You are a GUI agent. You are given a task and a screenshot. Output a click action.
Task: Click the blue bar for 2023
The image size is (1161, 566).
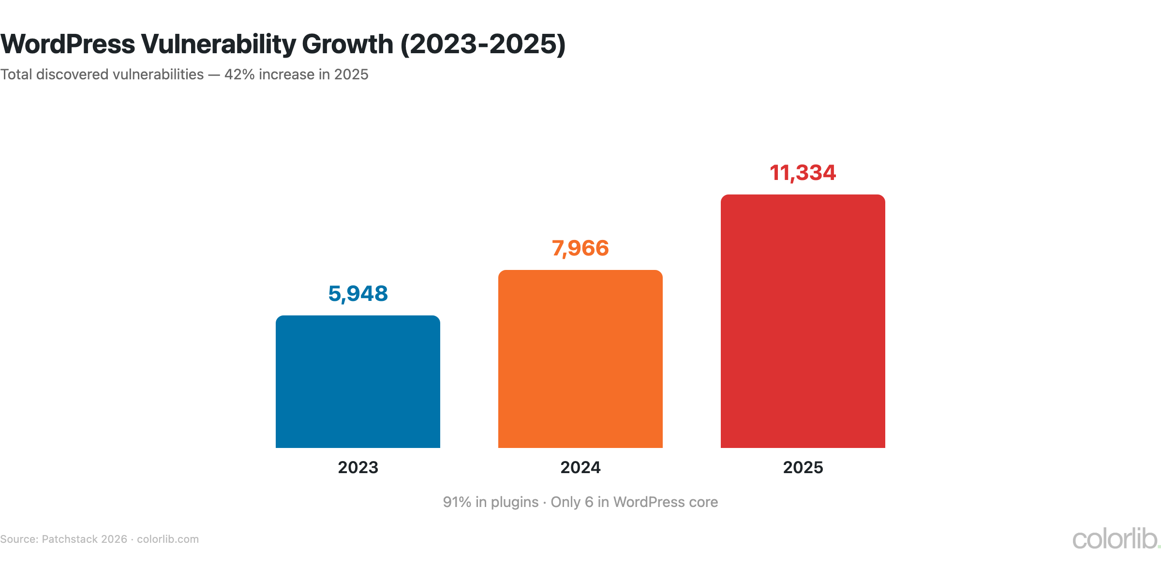(358, 382)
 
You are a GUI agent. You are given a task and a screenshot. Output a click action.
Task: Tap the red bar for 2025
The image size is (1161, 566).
(803, 321)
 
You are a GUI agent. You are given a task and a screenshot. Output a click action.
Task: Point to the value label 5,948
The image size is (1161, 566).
(358, 294)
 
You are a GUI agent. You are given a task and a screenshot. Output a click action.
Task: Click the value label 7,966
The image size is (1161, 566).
(580, 248)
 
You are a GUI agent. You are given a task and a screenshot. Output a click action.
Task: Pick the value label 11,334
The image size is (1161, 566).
(803, 173)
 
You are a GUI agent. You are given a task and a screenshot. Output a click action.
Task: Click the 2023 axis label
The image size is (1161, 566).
(358, 467)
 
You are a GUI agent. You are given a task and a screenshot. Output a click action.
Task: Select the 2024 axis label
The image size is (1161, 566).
(580, 467)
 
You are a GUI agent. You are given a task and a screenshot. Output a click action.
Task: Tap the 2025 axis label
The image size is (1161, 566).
(803, 467)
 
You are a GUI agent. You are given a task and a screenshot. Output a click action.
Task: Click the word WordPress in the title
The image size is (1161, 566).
(68, 44)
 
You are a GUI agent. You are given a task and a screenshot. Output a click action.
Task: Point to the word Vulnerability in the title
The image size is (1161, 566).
(218, 44)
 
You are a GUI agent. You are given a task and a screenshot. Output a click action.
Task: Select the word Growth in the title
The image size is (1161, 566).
(347, 44)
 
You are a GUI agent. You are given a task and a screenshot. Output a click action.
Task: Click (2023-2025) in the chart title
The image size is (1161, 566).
(483, 44)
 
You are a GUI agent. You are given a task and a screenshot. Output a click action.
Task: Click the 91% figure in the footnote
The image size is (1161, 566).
(457, 502)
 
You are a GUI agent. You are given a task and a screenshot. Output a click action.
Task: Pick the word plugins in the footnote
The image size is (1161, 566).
(514, 502)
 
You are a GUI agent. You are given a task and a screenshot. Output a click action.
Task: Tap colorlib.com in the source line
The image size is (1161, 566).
(168, 539)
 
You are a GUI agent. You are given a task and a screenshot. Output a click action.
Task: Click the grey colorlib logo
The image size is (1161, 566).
(1115, 539)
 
